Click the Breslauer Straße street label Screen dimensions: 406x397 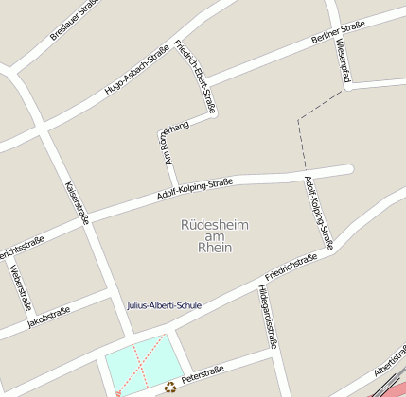(75, 20)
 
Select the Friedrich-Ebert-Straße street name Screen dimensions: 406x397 (196, 77)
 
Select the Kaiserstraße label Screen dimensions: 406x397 (76, 202)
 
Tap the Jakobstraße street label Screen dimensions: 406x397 (48, 317)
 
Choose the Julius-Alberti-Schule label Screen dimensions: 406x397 (164, 305)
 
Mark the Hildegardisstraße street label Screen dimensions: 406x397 (267, 316)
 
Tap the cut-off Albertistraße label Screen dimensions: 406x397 (390, 358)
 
